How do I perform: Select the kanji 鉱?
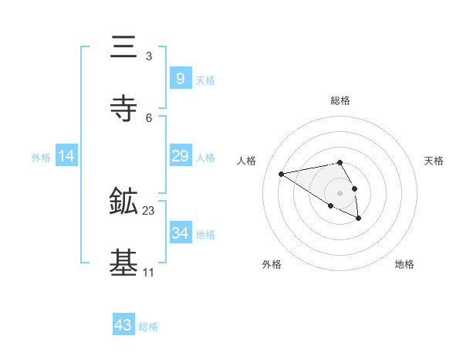(x=124, y=202)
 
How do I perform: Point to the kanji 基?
(x=124, y=263)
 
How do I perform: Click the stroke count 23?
(x=149, y=210)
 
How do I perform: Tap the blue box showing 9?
(x=180, y=78)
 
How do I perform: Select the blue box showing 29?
(x=180, y=156)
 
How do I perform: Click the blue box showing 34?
(x=180, y=232)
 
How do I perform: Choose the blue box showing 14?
(x=66, y=156)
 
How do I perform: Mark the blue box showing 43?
(x=123, y=325)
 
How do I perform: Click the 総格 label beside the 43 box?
(x=148, y=327)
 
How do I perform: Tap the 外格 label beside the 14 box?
(x=41, y=158)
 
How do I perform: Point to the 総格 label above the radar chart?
(x=340, y=100)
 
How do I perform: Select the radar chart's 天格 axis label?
(x=434, y=161)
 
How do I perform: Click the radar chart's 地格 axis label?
(x=404, y=264)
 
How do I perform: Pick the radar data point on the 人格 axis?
(x=282, y=173)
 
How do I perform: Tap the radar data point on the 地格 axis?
(x=359, y=219)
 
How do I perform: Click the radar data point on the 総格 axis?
(x=340, y=162)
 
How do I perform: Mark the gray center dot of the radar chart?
(x=340, y=192)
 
